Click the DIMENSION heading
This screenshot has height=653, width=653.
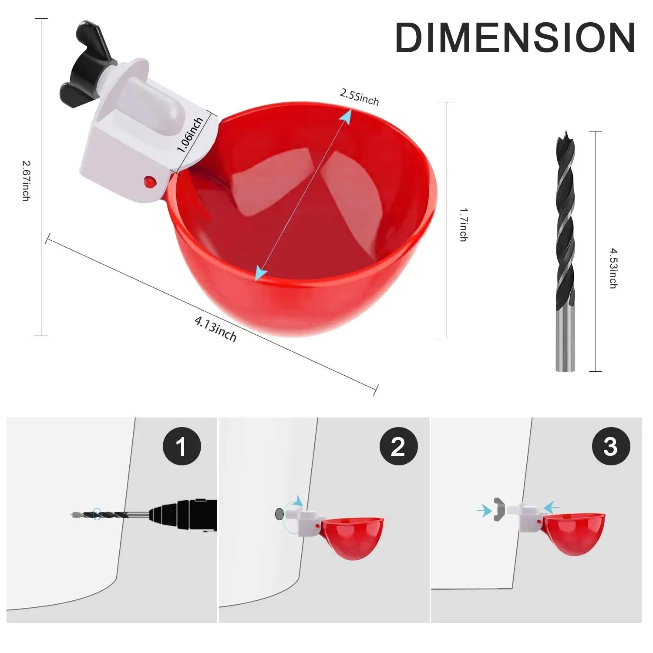click(515, 38)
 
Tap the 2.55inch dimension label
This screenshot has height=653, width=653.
click(359, 97)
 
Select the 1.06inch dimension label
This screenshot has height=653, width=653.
click(190, 135)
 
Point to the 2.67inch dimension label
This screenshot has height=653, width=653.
click(27, 181)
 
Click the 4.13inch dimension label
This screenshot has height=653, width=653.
click(215, 329)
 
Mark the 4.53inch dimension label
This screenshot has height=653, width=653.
click(613, 268)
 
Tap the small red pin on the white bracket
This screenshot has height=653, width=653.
click(149, 180)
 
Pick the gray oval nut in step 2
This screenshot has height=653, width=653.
click(279, 514)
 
